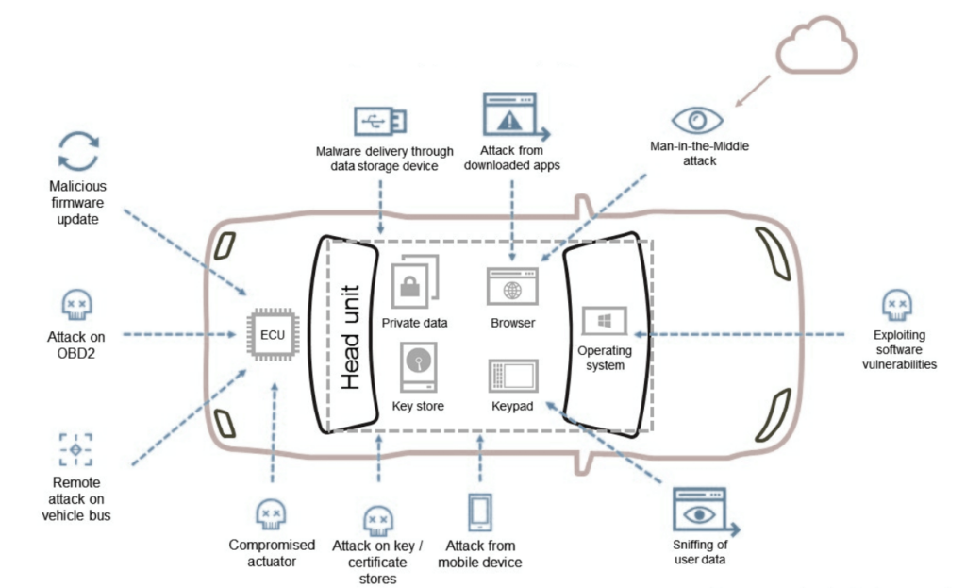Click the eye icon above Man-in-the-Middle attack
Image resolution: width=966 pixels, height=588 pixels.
[x=697, y=120]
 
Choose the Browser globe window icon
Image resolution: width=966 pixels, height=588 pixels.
[x=512, y=286]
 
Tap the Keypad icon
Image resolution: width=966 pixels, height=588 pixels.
[x=512, y=376]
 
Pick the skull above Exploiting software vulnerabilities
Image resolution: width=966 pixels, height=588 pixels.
[x=895, y=304]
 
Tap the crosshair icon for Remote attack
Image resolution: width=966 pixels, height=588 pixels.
[x=76, y=449]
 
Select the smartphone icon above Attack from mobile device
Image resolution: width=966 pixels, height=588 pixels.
[x=479, y=512]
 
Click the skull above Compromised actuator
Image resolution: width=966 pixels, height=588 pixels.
[x=271, y=513]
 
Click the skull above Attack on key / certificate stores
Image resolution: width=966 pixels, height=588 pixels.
[x=377, y=518]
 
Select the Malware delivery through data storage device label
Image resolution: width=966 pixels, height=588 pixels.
[x=385, y=160]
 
